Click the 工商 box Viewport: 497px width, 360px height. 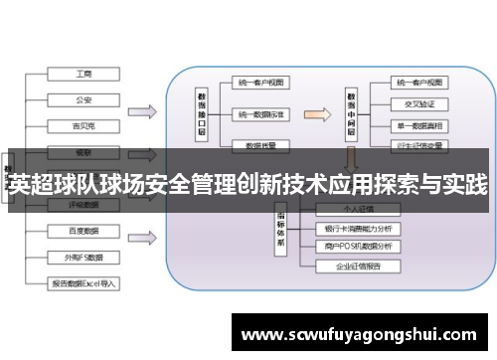84,75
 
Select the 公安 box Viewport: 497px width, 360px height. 84,99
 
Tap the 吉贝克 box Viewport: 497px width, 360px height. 84,125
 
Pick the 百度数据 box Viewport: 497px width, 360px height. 84,231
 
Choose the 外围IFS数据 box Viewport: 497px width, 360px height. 84,256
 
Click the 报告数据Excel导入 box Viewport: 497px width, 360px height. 84,282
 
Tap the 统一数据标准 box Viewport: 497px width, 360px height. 261,115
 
